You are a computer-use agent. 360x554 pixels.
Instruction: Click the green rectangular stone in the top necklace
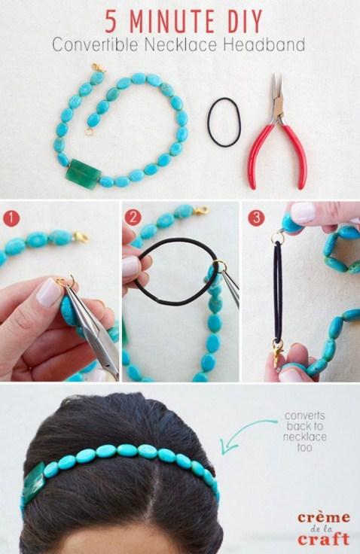coord(84,173)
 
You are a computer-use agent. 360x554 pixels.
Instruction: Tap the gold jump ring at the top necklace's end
coord(89,132)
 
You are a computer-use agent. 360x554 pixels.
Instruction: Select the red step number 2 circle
coord(133,218)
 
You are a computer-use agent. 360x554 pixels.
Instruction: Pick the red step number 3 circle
coord(256,218)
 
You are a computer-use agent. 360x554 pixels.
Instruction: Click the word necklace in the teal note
coord(304,437)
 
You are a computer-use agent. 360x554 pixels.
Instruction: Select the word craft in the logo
coord(324,539)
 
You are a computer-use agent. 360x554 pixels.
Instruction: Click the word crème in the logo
coord(324,518)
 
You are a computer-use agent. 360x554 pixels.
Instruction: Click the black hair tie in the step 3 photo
coord(278,290)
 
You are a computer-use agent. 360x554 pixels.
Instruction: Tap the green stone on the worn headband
coord(34,481)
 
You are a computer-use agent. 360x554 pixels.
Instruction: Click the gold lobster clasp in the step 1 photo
coord(81,236)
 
